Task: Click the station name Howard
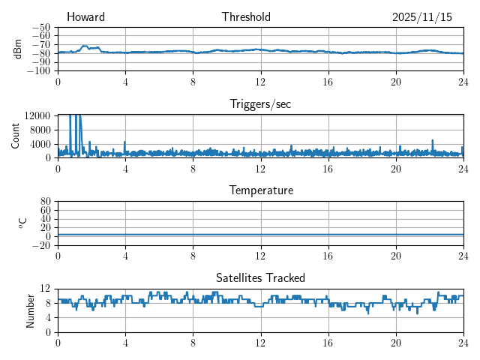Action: pyautogui.click(x=85, y=17)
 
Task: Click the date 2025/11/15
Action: pyautogui.click(x=422, y=17)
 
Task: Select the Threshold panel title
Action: pyautogui.click(x=246, y=17)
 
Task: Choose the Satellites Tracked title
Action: pyautogui.click(x=260, y=277)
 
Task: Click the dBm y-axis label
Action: pyautogui.click(x=18, y=49)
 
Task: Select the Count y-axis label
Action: pyautogui.click(x=15, y=136)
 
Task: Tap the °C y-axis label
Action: pyautogui.click(x=22, y=223)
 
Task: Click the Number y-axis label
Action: pyautogui.click(x=30, y=310)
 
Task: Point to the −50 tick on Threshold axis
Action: pyautogui.click(x=42, y=27)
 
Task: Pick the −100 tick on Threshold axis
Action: pyautogui.click(x=40, y=71)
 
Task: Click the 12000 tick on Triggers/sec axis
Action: pyautogui.click(x=37, y=115)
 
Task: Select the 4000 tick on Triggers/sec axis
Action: pyautogui.click(x=40, y=144)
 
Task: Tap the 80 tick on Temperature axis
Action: pyautogui.click(x=46, y=202)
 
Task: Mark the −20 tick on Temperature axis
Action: pyautogui.click(x=42, y=245)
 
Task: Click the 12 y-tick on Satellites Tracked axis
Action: pyautogui.click(x=46, y=289)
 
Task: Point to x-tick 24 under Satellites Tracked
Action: pyautogui.click(x=463, y=343)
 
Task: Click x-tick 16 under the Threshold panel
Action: pyautogui.click(x=328, y=82)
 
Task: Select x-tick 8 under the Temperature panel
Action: pyautogui.click(x=193, y=256)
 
